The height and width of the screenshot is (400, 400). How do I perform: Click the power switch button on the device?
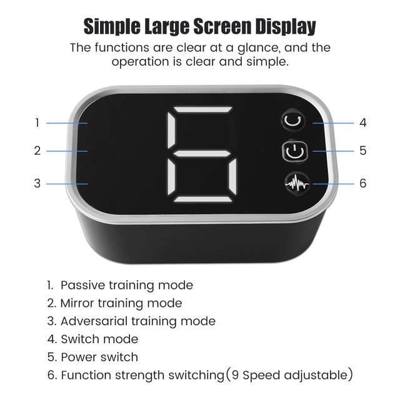294,151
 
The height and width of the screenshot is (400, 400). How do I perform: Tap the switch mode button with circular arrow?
293,120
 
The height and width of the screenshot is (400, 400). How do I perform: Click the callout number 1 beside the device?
37,123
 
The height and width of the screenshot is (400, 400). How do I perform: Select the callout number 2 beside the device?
37,151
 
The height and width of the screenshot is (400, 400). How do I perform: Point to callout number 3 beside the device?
37,183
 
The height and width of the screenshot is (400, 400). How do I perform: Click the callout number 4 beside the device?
362,122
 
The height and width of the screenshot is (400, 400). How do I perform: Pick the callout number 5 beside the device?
362,151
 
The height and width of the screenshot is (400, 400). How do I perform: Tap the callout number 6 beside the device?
362,183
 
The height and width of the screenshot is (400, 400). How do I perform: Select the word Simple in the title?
112,27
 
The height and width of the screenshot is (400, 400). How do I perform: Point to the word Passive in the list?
82,285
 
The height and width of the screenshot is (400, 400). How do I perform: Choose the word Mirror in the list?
77,303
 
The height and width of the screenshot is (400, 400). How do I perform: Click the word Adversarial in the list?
94,321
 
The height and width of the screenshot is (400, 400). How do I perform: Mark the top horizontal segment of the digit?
203,110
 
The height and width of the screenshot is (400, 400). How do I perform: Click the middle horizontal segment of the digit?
201,154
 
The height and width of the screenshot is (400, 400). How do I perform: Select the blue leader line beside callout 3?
67,184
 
